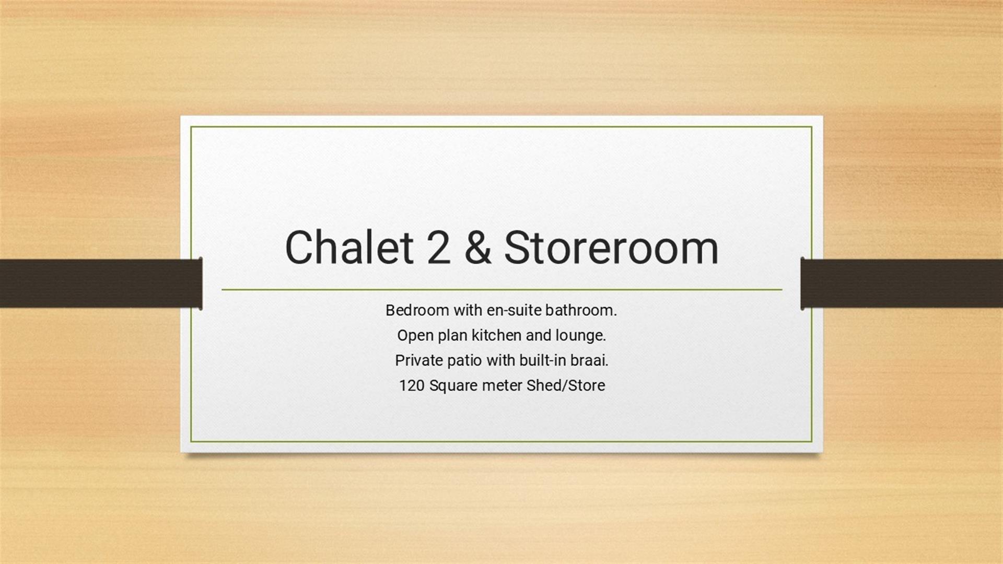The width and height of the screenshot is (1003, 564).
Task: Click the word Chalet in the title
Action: pyautogui.click(x=349, y=247)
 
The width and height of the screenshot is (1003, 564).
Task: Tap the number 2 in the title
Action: pyautogui.click(x=438, y=248)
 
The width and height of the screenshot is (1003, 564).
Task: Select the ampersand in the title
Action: pyautogui.click(x=477, y=248)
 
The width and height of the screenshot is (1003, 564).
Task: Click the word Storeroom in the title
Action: pyautogui.click(x=611, y=248)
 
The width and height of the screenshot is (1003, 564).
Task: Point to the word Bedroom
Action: pyautogui.click(x=417, y=310)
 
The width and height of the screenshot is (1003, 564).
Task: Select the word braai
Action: pyautogui.click(x=590, y=360)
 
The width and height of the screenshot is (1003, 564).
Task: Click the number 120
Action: pyautogui.click(x=412, y=385)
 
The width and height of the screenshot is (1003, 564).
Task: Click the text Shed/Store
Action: pyautogui.click(x=566, y=385)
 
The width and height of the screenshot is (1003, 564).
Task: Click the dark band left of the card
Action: pyautogui.click(x=101, y=284)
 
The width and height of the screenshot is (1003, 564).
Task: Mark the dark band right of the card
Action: pyautogui.click(x=902, y=284)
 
